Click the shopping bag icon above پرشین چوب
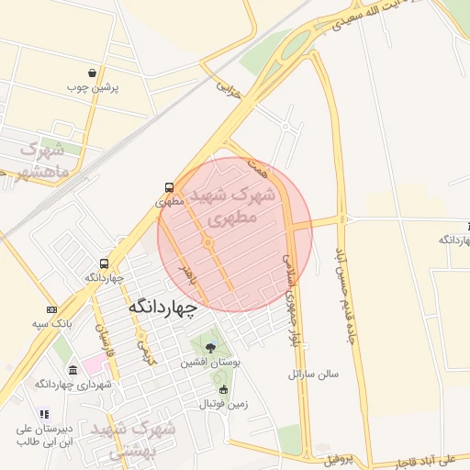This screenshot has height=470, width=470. coord(93,73)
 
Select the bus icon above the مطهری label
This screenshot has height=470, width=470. coord(168,185)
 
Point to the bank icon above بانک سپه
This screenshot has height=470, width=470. coord(52,309)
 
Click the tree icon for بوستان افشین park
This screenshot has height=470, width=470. coord(211,348)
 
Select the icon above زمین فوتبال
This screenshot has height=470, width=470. coord(222,388)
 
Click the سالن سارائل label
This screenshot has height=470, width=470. coord(313,375)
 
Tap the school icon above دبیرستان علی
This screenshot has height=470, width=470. coord(43,415)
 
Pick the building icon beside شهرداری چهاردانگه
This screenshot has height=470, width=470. coord(73,370)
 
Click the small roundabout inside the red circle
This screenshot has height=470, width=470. coord(209,242)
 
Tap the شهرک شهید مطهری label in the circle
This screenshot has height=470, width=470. coord(233,207)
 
